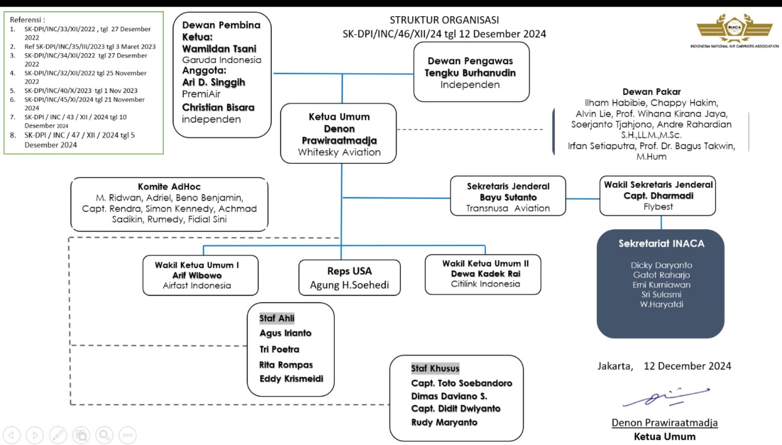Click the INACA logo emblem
[x=734, y=27]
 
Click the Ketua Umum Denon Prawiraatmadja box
[x=338, y=133]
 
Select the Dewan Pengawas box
[x=471, y=72]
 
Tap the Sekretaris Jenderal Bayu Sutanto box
[x=508, y=196]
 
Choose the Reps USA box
[x=349, y=278]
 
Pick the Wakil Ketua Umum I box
[x=200, y=275]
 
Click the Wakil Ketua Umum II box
[x=483, y=274]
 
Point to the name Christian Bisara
[x=218, y=107]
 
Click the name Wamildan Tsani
[x=219, y=48]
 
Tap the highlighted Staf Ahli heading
[x=277, y=318]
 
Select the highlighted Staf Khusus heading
[x=435, y=368]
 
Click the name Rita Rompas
[x=286, y=365]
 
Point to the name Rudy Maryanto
[x=444, y=423]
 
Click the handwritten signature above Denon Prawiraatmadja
[x=666, y=397]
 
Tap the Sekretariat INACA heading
[x=661, y=244]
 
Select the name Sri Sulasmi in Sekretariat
[x=661, y=294]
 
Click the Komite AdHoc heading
[x=169, y=186]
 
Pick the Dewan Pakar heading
[x=652, y=91]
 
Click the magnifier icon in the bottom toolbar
[x=105, y=435]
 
